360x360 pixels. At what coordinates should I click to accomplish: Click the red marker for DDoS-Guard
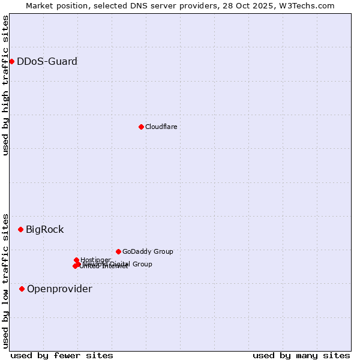point(11,61)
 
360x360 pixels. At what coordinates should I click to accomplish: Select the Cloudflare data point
point(141,127)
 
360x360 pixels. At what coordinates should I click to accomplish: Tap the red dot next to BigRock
point(20,229)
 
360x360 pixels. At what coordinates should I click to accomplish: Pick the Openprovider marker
point(22,289)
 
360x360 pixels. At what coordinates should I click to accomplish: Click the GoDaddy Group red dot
point(118,251)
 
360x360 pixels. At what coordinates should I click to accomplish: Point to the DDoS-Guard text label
point(47,61)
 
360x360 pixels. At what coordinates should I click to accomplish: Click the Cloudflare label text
point(161,127)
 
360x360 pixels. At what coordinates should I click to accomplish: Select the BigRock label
point(44,229)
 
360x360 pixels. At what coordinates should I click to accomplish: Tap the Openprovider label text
point(59,289)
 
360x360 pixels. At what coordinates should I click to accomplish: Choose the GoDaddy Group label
point(148,251)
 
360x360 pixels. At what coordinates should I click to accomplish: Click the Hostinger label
point(95,260)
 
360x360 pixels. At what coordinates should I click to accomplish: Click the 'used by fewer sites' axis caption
point(62,355)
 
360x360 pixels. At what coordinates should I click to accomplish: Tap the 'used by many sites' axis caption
point(301,355)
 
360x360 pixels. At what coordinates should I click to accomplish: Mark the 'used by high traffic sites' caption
point(5,85)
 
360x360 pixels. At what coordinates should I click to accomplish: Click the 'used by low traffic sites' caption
point(5,280)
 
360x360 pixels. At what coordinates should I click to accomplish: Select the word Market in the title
point(40,5)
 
